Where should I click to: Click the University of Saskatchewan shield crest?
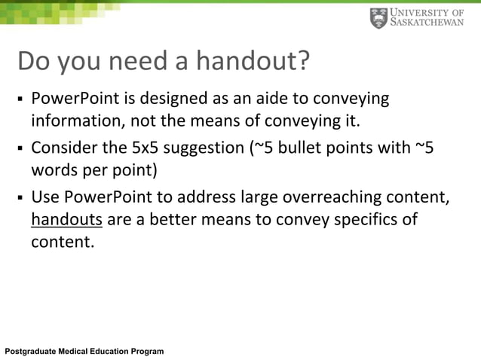378,18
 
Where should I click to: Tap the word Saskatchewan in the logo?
428,23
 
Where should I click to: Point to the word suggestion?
202,148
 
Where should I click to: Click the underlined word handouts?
66,220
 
